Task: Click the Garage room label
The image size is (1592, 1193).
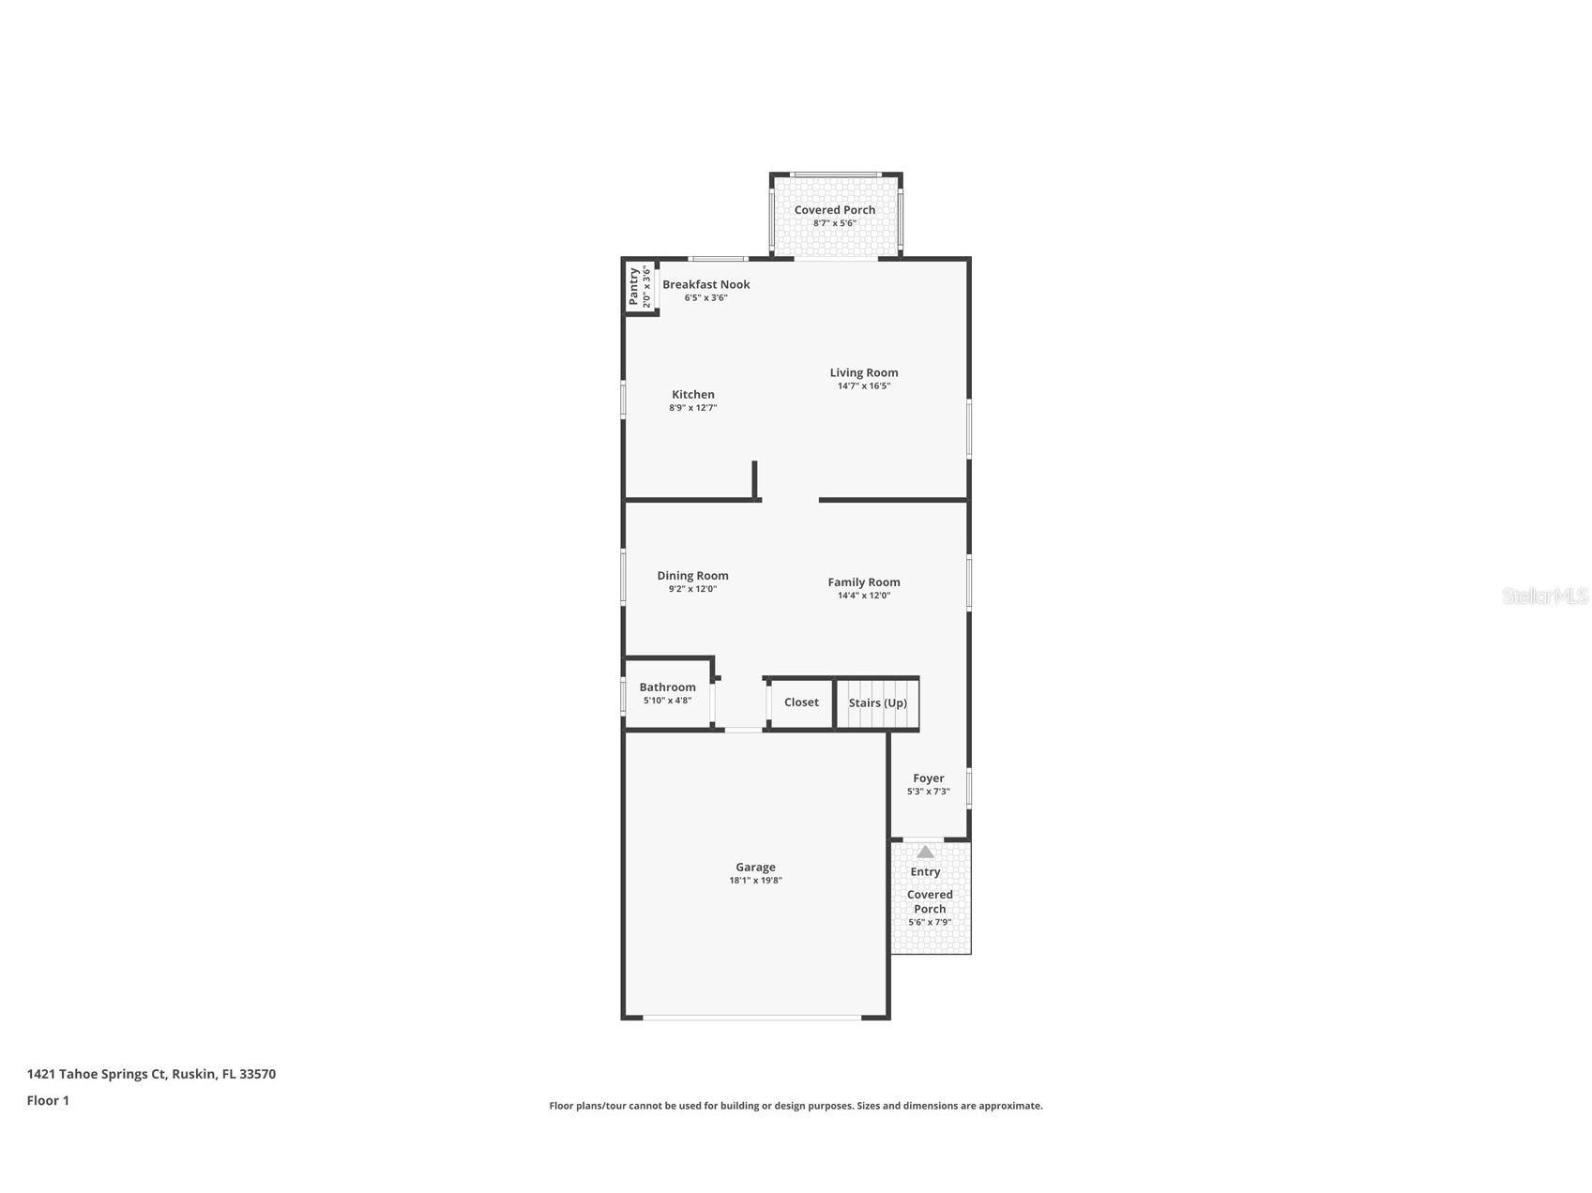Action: point(755,868)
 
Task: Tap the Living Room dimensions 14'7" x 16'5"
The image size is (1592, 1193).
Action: point(863,385)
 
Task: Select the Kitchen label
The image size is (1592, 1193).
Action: point(693,395)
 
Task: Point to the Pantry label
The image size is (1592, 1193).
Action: point(634,286)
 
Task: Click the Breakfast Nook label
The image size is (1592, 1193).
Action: point(706,284)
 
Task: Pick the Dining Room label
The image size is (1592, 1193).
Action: point(692,576)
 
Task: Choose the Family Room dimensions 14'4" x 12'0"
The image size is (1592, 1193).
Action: point(863,596)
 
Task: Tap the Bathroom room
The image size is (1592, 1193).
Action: point(667,693)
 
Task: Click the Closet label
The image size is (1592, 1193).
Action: point(801,702)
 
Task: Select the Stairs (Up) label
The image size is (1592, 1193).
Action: point(877,702)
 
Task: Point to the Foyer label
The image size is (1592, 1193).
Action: point(928,778)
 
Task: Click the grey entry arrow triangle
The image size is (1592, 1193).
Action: point(925,852)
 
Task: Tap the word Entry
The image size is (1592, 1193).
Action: point(925,872)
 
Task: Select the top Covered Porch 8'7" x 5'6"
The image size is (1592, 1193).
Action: point(834,216)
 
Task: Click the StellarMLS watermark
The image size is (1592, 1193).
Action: point(1544,596)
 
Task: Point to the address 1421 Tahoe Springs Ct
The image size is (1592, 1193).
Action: point(151,1074)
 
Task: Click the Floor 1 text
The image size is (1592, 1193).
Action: point(48,1101)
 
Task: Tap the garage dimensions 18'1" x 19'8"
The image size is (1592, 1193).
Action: point(755,881)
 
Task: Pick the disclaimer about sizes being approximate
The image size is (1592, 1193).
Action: point(796,1106)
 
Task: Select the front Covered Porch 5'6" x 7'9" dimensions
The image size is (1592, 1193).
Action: point(929,922)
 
